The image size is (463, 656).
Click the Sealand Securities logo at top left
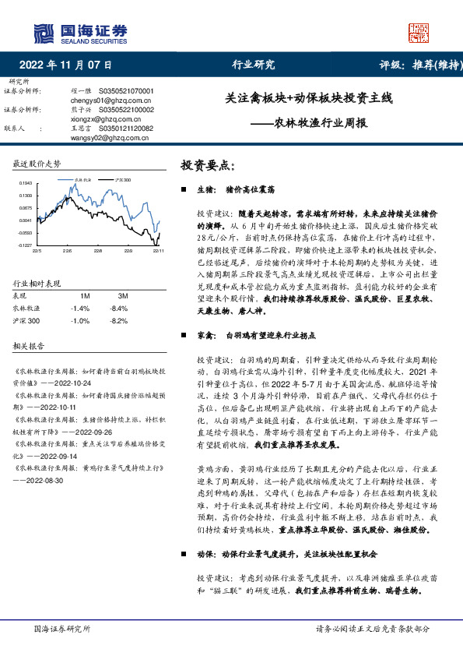click(79, 32)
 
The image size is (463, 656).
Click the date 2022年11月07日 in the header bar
click(65, 65)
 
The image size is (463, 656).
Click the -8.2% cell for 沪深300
click(119, 298)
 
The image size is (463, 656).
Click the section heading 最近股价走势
click(37, 164)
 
